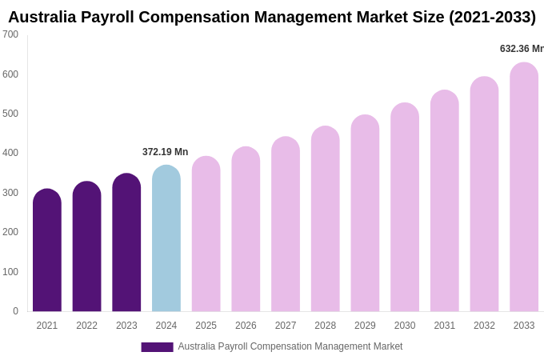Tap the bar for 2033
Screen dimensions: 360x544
coord(524,187)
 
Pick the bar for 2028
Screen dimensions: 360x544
coord(326,219)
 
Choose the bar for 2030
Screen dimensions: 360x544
coord(405,207)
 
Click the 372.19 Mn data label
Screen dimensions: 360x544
coord(165,152)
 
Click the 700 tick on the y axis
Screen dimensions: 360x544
coord(10,34)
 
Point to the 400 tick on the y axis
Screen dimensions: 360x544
coord(10,153)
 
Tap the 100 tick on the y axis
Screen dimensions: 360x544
coord(10,272)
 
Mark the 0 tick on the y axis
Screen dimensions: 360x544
coord(15,311)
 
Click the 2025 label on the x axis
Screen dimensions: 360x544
coord(206,326)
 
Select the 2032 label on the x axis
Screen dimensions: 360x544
coord(484,326)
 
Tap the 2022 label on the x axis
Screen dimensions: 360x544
coord(86,326)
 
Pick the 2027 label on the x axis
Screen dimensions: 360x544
coord(286,326)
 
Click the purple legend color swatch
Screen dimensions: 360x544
coord(157,347)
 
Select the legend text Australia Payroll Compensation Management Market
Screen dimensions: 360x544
coord(290,346)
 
